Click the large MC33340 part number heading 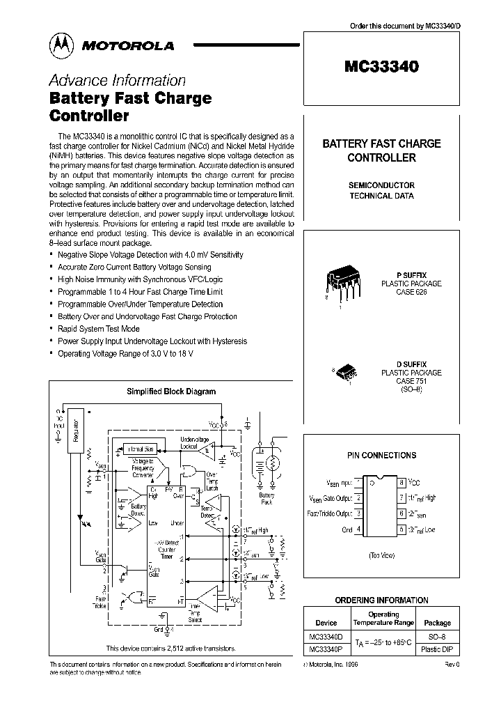coord(381,68)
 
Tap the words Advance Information coord(117,80)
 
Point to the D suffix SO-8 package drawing coord(346,374)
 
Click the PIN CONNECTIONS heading coord(381,455)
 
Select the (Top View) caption coord(382,555)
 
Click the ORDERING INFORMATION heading coord(381,600)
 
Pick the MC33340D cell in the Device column coord(326,637)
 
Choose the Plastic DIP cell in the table coord(437,649)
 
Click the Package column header coord(437,623)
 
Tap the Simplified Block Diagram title coord(170,392)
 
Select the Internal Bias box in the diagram coord(140,449)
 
